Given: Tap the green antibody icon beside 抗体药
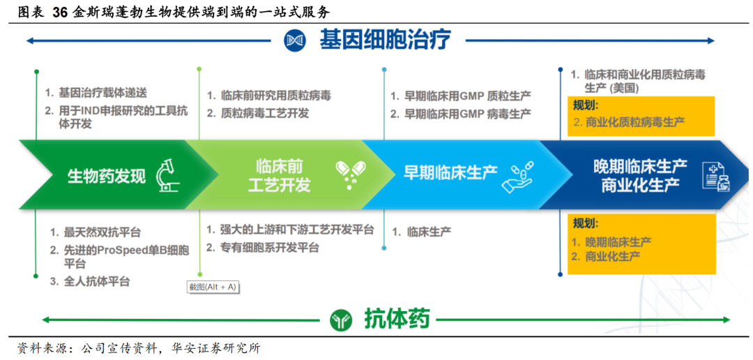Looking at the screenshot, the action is coord(340,320).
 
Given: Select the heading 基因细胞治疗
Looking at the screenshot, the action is coord(386,40).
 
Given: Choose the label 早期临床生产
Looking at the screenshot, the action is coord(450,172).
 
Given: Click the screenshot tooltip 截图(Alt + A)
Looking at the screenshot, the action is coord(213,287).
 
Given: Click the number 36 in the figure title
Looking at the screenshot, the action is coord(61,13).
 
